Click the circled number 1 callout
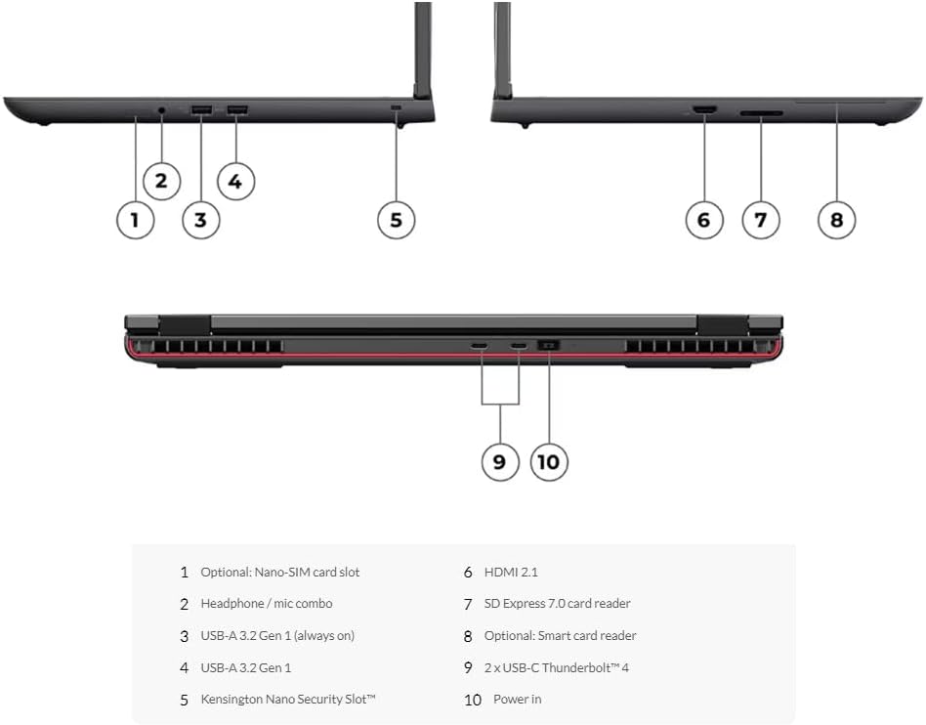(x=135, y=219)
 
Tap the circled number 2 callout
(x=161, y=180)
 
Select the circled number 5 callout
(x=396, y=219)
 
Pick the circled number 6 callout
(x=703, y=219)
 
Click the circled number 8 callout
(x=836, y=219)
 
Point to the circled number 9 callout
(x=499, y=461)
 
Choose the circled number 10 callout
(x=549, y=461)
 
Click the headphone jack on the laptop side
(x=161, y=109)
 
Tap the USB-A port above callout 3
(x=201, y=108)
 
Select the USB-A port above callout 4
(x=236, y=108)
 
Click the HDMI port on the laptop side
(x=703, y=108)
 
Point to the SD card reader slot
(x=761, y=113)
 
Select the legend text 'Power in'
(x=517, y=699)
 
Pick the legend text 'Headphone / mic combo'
(x=266, y=604)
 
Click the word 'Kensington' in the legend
(x=234, y=699)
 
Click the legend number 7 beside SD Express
(x=468, y=604)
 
